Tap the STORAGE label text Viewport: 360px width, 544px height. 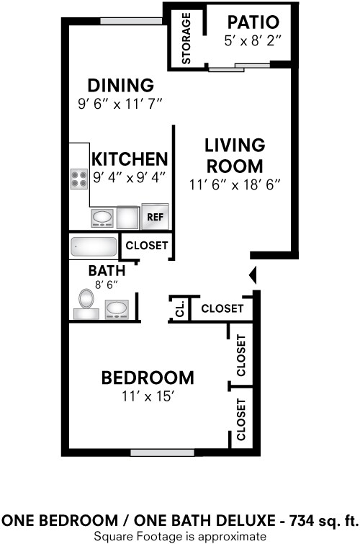pos(187,38)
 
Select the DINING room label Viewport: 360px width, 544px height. pos(120,85)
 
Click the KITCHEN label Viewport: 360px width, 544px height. pos(130,159)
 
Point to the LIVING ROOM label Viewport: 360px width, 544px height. pos(234,155)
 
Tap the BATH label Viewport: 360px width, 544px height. pos(107,271)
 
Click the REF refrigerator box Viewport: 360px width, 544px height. pos(155,216)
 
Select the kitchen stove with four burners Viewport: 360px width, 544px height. pos(78,179)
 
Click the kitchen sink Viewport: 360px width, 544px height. pos(102,217)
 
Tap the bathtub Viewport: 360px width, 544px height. pos(94,247)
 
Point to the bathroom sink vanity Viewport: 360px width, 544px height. pos(116,310)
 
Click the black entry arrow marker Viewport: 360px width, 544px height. pos(252,275)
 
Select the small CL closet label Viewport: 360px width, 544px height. pos(180,309)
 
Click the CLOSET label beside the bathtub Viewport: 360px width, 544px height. pos(147,246)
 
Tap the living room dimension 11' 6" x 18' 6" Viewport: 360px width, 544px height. pos(234,184)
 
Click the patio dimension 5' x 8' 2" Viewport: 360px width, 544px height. pos(253,43)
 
